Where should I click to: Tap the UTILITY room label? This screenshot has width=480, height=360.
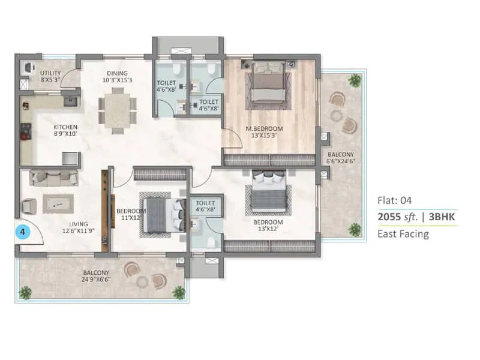tap(51, 76)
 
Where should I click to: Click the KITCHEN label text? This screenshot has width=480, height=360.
tap(65, 130)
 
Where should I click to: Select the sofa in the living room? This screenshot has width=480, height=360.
tap(53, 178)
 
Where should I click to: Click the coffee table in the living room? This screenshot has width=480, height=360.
tap(58, 204)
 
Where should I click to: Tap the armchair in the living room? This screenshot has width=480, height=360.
tap(29, 206)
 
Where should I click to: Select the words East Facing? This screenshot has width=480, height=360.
tap(403, 234)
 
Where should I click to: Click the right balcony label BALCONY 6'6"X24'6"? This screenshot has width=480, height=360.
tap(340, 157)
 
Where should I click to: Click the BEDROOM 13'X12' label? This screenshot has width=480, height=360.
tap(268, 226)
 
